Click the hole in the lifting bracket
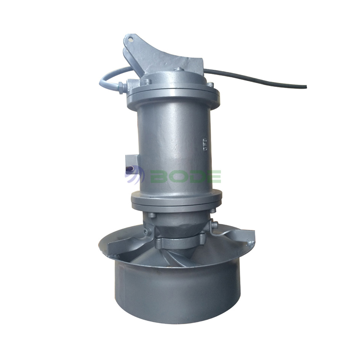[x=130, y=39]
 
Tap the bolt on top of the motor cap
[x=179, y=70]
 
